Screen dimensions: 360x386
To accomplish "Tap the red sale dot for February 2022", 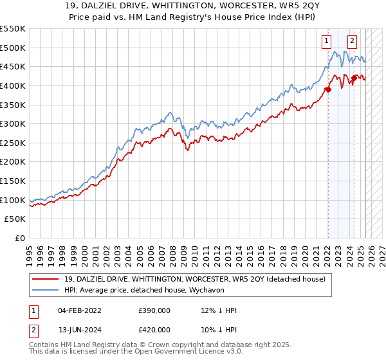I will click(x=327, y=89).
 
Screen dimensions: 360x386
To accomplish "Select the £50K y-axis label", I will click(x=16, y=219).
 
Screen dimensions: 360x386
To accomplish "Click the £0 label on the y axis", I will click(x=19, y=238).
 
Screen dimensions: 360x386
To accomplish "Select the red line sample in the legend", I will click(x=46, y=278).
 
